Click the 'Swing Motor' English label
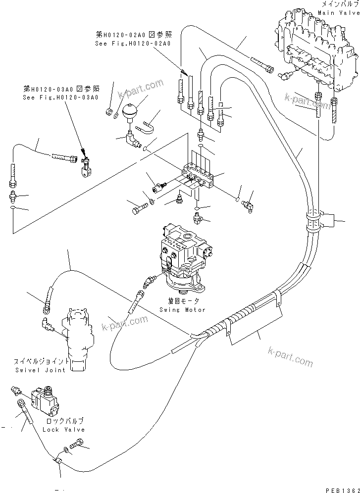click(x=183, y=309)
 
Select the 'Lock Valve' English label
click(x=64, y=430)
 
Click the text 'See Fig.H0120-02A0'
click(x=133, y=44)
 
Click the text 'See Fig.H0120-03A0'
click(x=61, y=97)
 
